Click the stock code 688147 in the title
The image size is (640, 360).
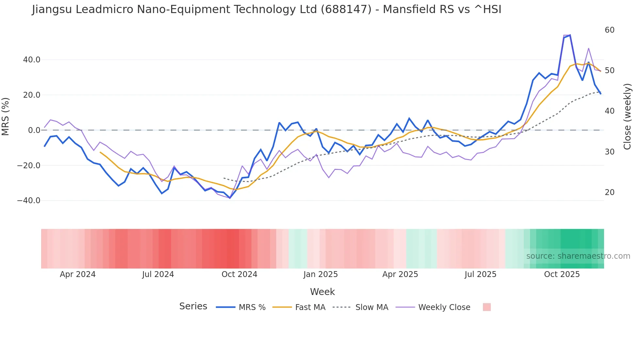pyautogui.click(x=346, y=9)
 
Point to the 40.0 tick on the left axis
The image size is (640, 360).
pyautogui.click(x=32, y=60)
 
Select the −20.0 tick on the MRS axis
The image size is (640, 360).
pyautogui.click(x=29, y=165)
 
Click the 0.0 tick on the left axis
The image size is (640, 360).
pyautogui.click(x=34, y=130)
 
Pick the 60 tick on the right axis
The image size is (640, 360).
pyautogui.click(x=609, y=30)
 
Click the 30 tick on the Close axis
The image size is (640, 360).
pyautogui.click(x=609, y=152)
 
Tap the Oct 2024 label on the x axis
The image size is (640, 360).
pyautogui.click(x=239, y=274)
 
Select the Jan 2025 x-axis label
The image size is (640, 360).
pyautogui.click(x=320, y=274)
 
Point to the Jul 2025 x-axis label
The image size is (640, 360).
pyautogui.click(x=480, y=274)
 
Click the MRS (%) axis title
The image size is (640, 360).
pyautogui.click(x=6, y=116)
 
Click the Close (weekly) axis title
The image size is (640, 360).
pyautogui.click(x=627, y=117)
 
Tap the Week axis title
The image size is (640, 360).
pyautogui.click(x=322, y=292)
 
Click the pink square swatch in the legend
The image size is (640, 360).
pyautogui.click(x=487, y=307)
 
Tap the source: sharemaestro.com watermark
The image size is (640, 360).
pyautogui.click(x=578, y=256)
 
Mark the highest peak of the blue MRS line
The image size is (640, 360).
pyautogui.click(x=570, y=35)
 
